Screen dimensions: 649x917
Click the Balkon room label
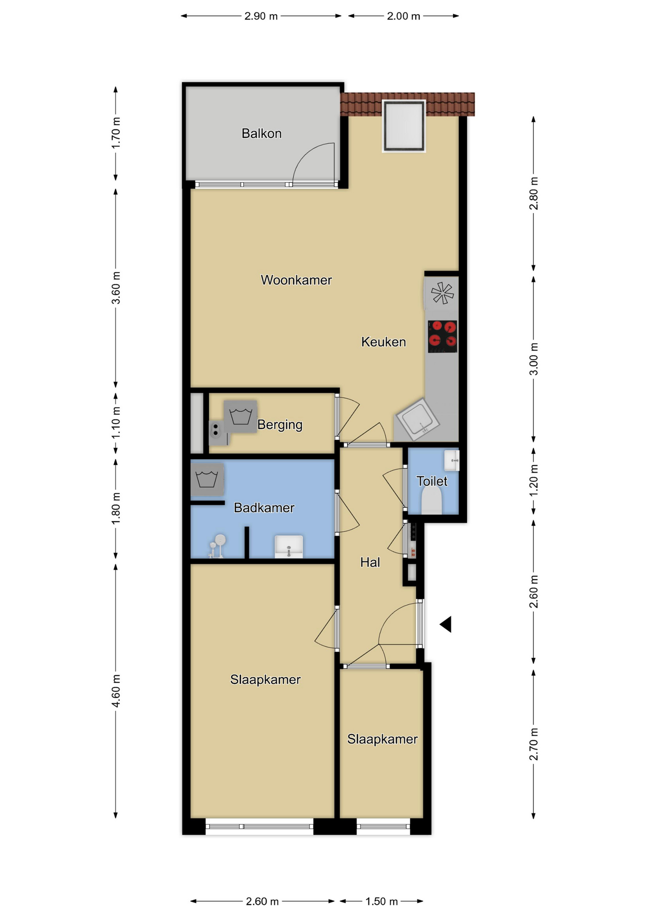point(261,133)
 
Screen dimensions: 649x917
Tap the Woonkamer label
point(296,280)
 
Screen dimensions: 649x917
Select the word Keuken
point(383,342)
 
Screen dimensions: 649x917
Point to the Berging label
point(280,425)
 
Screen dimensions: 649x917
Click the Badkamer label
point(264,508)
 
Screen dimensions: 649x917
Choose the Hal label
point(370,563)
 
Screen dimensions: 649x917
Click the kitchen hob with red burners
point(442,337)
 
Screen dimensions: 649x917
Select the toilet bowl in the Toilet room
point(432,501)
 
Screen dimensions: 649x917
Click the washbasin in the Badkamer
point(289,546)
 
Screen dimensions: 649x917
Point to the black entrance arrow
point(446,624)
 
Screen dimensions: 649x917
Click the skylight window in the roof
point(404,126)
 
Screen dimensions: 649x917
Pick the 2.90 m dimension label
point(261,16)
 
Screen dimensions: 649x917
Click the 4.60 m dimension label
point(116,691)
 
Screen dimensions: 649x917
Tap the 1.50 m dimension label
point(381,901)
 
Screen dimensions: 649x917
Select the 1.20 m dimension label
point(534,480)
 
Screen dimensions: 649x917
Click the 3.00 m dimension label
point(534,359)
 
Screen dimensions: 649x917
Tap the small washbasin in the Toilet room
point(452,461)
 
